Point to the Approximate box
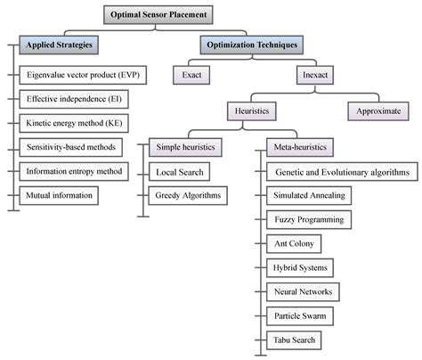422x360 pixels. click(x=378, y=111)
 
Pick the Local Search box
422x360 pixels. click(x=183, y=169)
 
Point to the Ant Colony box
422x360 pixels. click(x=295, y=242)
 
